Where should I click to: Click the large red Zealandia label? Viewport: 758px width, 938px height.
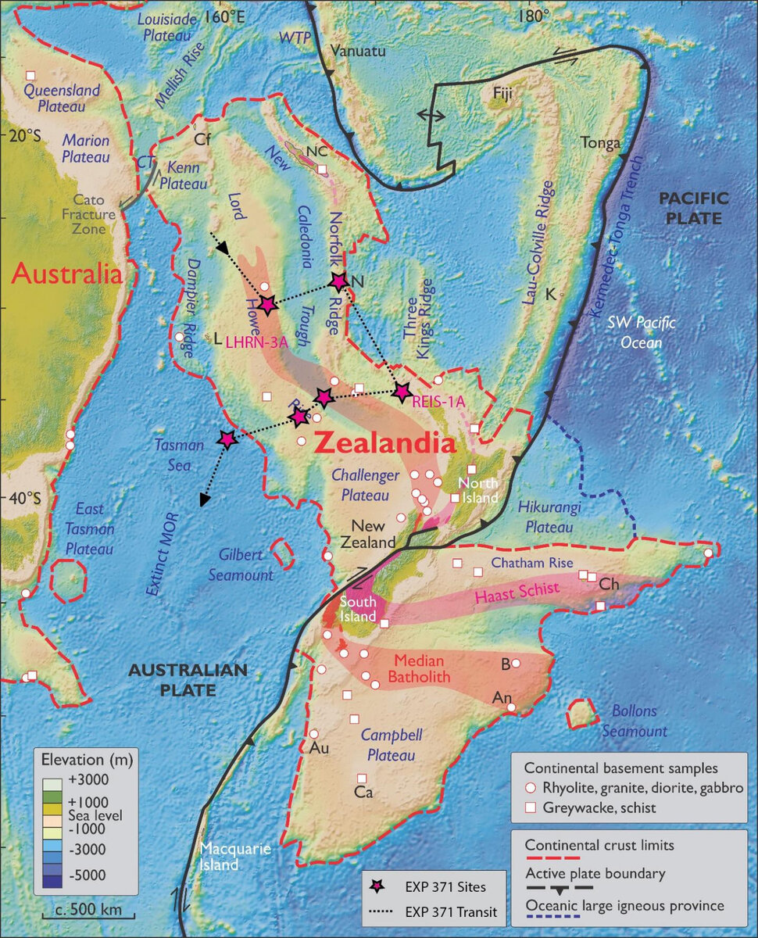[384, 444]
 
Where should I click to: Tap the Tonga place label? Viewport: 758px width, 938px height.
[599, 143]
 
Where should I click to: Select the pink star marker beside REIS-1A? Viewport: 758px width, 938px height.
[402, 392]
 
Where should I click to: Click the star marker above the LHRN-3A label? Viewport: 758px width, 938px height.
[267, 305]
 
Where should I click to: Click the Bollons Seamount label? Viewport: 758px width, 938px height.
[634, 721]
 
